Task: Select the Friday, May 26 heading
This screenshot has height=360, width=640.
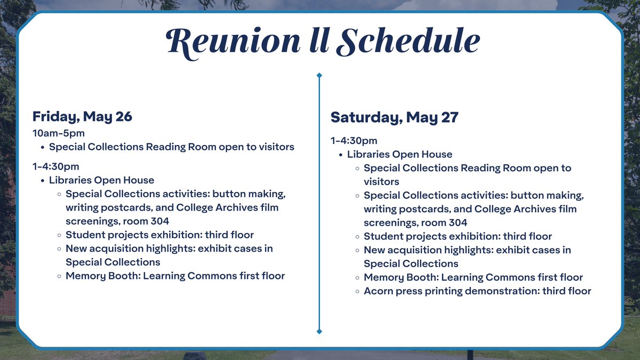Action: pyautogui.click(x=82, y=116)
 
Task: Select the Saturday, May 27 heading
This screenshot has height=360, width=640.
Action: pyautogui.click(x=394, y=117)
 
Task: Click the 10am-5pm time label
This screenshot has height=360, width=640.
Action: pyautogui.click(x=59, y=133)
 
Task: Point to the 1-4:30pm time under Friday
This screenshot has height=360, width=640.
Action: pyautogui.click(x=55, y=166)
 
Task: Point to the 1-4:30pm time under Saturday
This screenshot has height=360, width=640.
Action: pyautogui.click(x=354, y=141)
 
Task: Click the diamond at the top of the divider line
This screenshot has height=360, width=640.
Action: pyautogui.click(x=319, y=75)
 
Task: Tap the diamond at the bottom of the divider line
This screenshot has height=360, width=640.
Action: pyautogui.click(x=319, y=332)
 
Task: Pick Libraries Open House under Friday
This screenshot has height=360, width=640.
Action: pyautogui.click(x=101, y=180)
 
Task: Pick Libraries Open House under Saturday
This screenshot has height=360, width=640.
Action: pyautogui.click(x=399, y=154)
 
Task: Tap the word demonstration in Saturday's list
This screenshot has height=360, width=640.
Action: pyautogui.click(x=499, y=291)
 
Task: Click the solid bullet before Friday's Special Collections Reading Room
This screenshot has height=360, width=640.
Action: pyautogui.click(x=42, y=147)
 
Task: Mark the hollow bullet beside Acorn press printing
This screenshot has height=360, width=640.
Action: pyautogui.click(x=357, y=291)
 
